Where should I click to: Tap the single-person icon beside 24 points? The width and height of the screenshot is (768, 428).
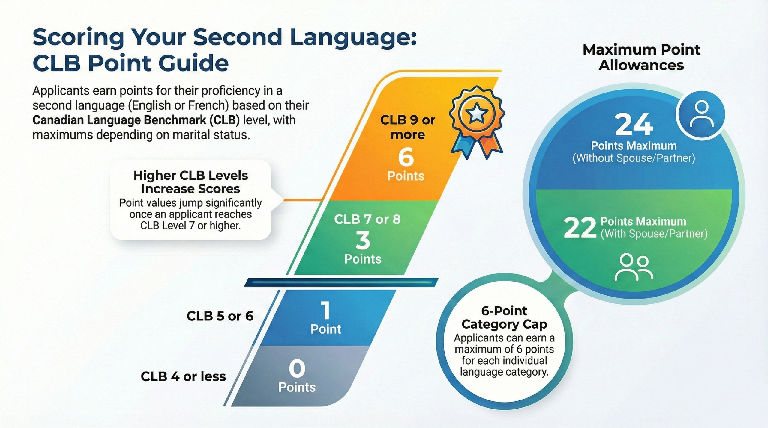coord(701,114)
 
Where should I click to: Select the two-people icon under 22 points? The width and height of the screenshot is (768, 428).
coord(634,267)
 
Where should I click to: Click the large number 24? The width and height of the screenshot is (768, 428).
coord(634,125)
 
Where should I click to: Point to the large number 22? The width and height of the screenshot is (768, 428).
coord(580,228)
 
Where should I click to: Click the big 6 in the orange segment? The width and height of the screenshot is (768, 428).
coord(406,157)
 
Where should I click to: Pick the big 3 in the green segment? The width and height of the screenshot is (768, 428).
coord(363,240)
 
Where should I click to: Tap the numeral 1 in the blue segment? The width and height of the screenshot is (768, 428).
coord(326,311)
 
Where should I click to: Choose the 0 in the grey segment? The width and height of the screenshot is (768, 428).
coord(297,369)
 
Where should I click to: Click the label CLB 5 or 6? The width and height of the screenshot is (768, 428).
coord(220,316)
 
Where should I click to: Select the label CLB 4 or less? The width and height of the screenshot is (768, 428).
coord(183,376)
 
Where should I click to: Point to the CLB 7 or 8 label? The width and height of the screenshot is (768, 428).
coord(367,219)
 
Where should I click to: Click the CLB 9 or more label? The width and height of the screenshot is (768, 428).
coord(407,127)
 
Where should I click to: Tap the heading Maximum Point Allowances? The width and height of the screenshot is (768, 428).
coord(641,57)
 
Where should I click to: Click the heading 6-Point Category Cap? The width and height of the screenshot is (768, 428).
coord(504,317)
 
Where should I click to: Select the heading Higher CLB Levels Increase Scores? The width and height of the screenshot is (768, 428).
coord(191,182)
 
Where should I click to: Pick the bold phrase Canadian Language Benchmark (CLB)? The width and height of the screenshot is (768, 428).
coord(136,120)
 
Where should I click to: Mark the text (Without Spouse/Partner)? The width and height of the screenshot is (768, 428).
coord(634,158)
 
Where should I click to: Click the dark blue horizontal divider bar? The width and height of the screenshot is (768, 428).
coord(341,282)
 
